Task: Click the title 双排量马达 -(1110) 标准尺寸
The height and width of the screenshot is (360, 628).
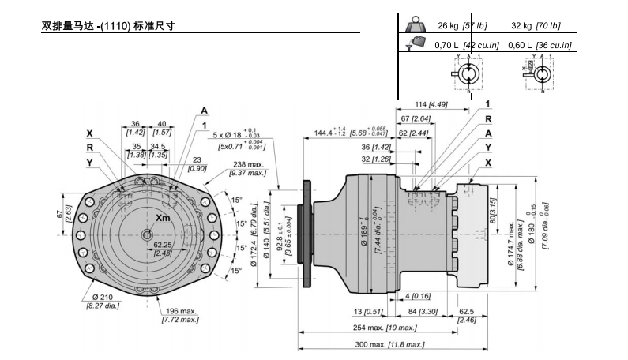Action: coord(107,25)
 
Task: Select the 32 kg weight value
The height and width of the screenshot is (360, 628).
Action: coord(521,24)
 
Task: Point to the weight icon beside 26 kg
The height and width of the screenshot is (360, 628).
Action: coord(415,24)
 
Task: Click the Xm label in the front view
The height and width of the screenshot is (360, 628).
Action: coord(163,218)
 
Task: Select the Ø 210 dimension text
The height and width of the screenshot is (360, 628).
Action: coord(100,296)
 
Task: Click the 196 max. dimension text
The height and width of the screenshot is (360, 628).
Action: coord(179,311)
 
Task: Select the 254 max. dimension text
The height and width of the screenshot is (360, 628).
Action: coord(379,328)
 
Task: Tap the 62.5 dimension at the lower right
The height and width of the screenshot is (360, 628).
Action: coord(467,312)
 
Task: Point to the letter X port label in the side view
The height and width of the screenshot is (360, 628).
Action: coord(488,162)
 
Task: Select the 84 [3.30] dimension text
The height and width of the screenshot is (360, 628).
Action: coord(423,311)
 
